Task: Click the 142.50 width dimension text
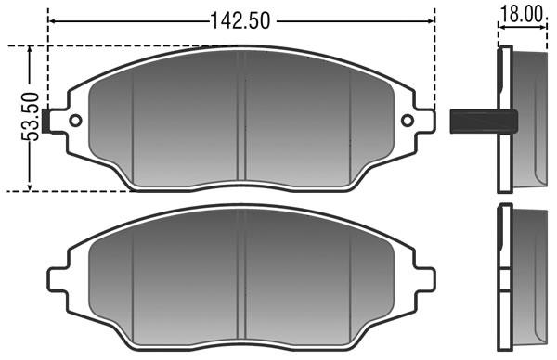point(240,20)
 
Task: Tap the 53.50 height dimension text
point(30,117)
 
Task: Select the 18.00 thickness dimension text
point(522,15)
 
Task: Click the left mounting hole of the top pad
point(75,121)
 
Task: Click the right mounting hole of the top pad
point(408,121)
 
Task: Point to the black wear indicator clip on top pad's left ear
point(46,121)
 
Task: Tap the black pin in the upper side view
point(484,122)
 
